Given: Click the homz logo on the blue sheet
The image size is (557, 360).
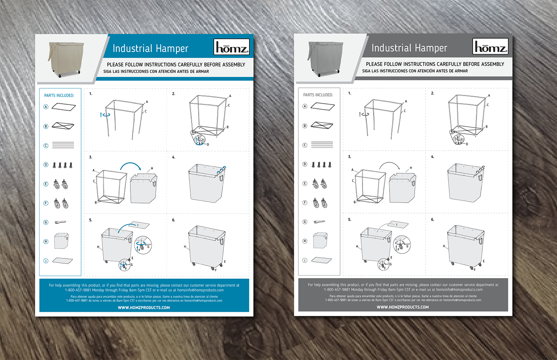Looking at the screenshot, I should [231, 47].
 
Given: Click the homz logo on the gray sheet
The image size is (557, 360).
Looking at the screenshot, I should [490, 47].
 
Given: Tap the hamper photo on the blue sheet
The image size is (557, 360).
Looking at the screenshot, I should [66, 59].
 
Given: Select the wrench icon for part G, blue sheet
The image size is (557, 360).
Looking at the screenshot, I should [60, 222].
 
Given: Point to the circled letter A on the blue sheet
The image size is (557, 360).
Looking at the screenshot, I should [46, 107].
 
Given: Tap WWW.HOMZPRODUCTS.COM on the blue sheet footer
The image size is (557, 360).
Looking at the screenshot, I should [144, 308].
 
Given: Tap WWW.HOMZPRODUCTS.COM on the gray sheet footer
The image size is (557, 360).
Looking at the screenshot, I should [403, 307].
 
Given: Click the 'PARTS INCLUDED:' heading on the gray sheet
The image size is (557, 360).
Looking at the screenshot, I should [318, 95].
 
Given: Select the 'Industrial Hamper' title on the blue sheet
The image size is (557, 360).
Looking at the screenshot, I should [150, 49].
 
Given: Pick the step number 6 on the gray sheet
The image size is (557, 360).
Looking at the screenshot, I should [433, 220].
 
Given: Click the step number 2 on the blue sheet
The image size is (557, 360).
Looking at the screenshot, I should [173, 94].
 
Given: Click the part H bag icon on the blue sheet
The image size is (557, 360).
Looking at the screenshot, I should [61, 241].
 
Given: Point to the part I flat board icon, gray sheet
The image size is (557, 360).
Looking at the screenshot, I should [321, 260].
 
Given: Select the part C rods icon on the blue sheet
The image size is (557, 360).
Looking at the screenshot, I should [63, 145].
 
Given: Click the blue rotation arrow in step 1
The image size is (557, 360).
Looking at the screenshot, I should [105, 115].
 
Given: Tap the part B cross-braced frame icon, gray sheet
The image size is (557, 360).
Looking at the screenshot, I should [322, 125].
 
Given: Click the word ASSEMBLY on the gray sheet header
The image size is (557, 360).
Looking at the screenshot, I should [490, 64].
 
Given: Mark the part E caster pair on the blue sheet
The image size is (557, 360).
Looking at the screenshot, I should [61, 184].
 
